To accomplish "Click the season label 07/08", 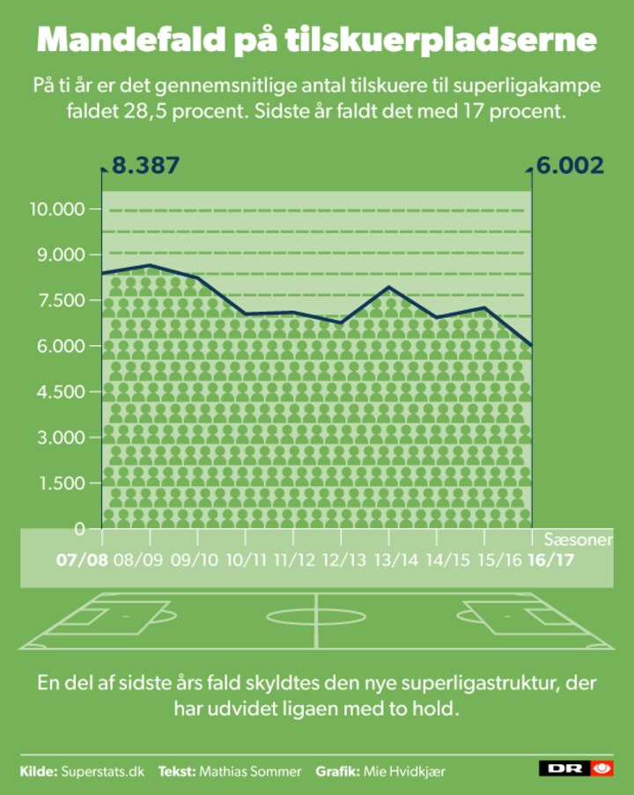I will tap(82, 559).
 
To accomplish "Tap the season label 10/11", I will tap(247, 559).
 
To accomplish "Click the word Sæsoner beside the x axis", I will tap(578, 539).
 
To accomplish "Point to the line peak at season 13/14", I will tap(388, 287).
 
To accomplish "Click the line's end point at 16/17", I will tap(532, 346).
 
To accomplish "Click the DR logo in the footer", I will tap(576, 769).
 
